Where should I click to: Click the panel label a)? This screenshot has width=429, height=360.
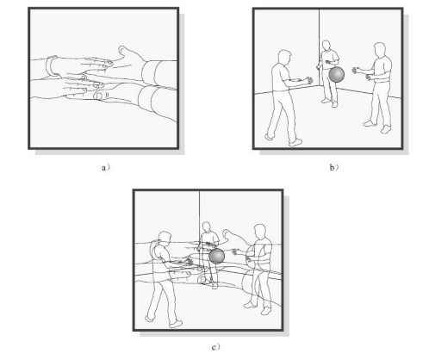[105, 167]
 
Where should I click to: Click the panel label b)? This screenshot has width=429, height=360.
[333, 167]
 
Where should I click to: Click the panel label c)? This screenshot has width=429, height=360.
[215, 347]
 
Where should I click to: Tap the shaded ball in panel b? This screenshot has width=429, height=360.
[337, 75]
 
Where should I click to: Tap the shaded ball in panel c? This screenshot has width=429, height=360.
[216, 256]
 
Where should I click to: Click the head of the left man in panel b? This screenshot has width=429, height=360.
[284, 57]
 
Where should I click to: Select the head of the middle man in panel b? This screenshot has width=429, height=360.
[326, 46]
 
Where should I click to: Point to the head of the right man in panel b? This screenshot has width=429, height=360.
[380, 50]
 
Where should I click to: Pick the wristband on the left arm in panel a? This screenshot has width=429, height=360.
[51, 66]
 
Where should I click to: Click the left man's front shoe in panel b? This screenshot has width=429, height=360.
[295, 142]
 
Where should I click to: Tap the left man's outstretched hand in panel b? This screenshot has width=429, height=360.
[309, 80]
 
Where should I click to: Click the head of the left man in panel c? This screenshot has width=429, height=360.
[165, 239]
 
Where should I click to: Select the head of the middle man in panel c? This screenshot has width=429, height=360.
[206, 227]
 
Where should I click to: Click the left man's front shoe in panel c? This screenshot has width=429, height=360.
[176, 324]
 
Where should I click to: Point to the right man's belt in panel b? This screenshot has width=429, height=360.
[382, 82]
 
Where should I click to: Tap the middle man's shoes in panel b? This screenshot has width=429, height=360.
[329, 102]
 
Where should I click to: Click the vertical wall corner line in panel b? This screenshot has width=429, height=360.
[320, 47]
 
